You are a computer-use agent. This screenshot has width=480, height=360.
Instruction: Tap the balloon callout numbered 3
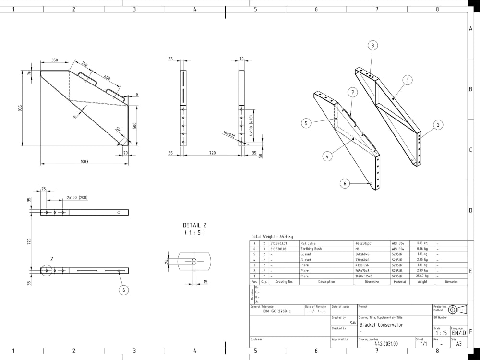pos(373,46)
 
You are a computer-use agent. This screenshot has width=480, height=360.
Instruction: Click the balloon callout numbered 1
pos(408,80)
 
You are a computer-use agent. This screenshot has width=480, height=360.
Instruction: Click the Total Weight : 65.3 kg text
pos(272,237)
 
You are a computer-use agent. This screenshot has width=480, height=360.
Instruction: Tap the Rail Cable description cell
pos(308,243)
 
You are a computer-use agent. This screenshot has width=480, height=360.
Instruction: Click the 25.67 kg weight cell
pos(422,276)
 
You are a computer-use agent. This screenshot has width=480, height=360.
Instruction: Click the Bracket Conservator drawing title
pos(381,325)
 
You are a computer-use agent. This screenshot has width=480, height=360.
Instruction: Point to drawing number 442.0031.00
pos(386,344)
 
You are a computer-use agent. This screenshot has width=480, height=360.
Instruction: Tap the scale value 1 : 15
pos(441,333)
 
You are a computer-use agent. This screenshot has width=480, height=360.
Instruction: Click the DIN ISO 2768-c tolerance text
pos(276,312)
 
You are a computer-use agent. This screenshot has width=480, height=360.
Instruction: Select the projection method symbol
pos(456,310)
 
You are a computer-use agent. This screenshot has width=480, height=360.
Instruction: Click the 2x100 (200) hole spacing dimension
pos(77,198)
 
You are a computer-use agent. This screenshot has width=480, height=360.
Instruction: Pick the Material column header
pos(400,282)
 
